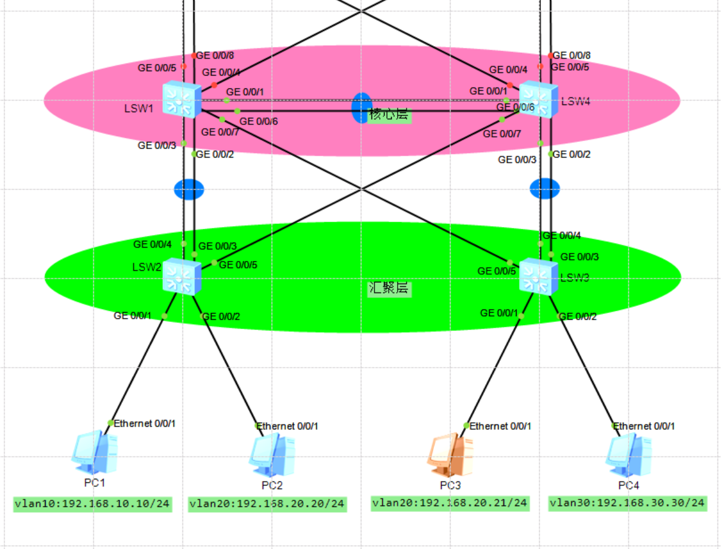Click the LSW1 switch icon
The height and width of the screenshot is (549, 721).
tap(182, 100)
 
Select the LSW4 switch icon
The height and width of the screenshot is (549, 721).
tap(538, 100)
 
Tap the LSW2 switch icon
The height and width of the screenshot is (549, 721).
tap(182, 276)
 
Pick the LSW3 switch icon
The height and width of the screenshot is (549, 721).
tap(538, 276)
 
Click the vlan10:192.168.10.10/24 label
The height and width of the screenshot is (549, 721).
tap(93, 504)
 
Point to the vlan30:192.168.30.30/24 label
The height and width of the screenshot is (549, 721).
tap(628, 503)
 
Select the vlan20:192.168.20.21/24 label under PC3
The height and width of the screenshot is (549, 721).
tap(449, 503)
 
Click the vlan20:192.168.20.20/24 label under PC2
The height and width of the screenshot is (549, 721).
tap(267, 504)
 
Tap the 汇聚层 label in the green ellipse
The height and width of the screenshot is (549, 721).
tap(389, 289)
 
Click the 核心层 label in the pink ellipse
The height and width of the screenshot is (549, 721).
tap(389, 115)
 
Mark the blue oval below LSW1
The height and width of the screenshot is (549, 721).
tap(189, 189)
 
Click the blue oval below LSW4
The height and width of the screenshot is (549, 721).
tap(545, 189)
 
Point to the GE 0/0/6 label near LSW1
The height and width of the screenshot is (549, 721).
tap(258, 121)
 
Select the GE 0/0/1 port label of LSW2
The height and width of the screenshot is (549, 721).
tap(133, 315)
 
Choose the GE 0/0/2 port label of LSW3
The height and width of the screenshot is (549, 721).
tap(577, 317)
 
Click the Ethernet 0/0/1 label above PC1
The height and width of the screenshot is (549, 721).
tap(144, 424)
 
